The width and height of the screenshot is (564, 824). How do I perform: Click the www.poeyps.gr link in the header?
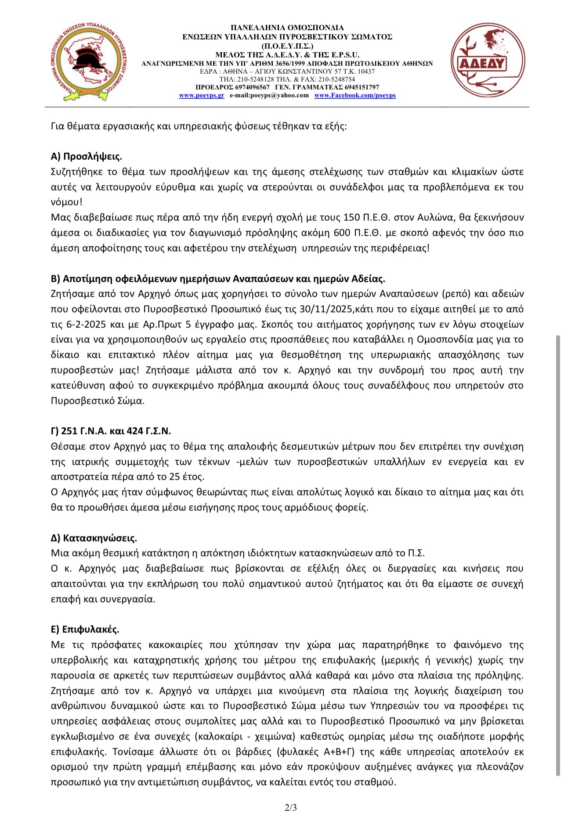(202, 95)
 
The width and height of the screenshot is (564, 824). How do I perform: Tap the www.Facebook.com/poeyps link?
(355, 95)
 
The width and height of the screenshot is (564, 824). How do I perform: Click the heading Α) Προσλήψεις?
(87, 157)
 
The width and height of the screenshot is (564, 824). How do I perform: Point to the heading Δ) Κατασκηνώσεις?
(94, 538)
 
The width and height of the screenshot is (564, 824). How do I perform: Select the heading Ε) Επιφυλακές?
(85, 629)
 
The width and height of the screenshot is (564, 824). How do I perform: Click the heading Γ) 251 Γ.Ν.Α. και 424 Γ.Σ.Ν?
(111, 431)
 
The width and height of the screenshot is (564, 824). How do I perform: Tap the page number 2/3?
(290, 807)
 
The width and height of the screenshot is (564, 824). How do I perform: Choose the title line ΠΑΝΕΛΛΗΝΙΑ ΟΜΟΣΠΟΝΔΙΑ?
(287, 28)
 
